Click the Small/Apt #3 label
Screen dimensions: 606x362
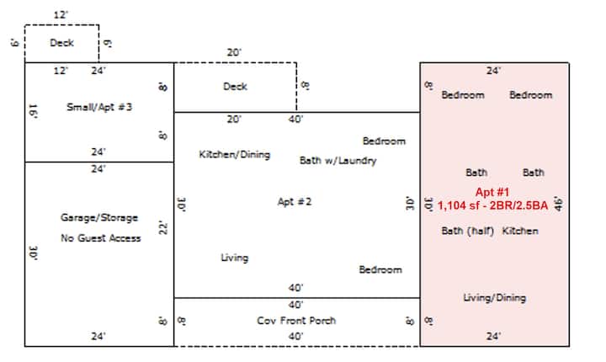tap(99, 107)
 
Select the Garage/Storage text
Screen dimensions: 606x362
tap(99, 218)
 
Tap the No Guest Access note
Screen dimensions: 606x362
tap(101, 238)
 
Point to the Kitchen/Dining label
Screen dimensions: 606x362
tap(235, 154)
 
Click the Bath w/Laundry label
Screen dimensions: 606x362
tap(338, 161)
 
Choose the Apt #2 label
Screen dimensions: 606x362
tap(295, 201)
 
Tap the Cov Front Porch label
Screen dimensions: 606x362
tap(296, 321)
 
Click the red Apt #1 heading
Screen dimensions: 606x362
tap(492, 192)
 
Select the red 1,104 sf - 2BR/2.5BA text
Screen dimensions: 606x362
tap(492, 205)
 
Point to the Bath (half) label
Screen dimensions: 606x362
tap(468, 231)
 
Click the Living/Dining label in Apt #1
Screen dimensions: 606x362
tap(495, 298)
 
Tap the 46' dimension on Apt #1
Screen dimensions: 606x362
tap(559, 204)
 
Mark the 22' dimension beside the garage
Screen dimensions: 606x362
tap(163, 228)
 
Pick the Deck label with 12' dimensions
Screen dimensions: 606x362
tap(61, 43)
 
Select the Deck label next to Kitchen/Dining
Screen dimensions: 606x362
tap(235, 86)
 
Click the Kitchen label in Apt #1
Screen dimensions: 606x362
tap(520, 231)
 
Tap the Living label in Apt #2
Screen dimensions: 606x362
tap(235, 258)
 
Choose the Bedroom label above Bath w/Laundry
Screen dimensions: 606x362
tap(384, 141)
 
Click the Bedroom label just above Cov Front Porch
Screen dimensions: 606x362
tap(380, 269)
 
